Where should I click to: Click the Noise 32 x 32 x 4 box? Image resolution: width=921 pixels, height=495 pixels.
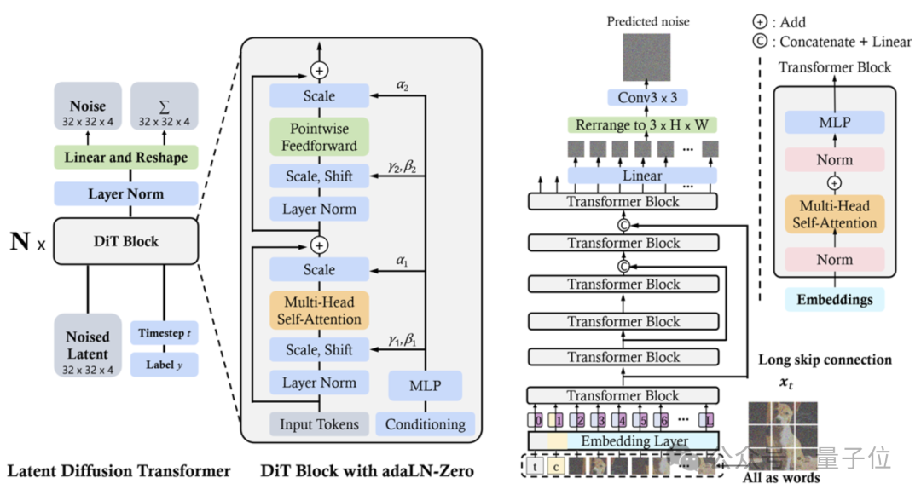click(x=89, y=112)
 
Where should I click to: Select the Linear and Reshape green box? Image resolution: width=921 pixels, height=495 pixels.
click(x=126, y=158)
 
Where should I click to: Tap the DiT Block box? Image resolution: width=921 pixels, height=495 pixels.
click(x=126, y=241)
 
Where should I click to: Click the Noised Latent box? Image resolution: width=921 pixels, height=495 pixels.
click(x=88, y=344)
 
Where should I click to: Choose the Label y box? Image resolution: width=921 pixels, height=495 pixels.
click(x=164, y=365)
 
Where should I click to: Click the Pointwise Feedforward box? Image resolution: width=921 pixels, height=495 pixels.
click(x=319, y=136)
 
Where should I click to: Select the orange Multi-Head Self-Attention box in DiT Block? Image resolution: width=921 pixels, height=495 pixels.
click(x=319, y=310)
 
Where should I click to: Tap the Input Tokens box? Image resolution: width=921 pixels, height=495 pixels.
click(x=319, y=423)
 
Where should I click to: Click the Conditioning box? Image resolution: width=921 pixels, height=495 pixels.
click(x=426, y=423)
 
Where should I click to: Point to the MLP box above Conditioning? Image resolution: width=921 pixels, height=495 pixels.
click(x=426, y=386)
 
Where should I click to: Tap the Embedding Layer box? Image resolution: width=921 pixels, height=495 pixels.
click(x=623, y=440)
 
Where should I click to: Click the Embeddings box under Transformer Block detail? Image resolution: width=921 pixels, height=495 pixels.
click(x=835, y=299)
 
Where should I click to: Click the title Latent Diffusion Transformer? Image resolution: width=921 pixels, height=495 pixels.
click(x=119, y=470)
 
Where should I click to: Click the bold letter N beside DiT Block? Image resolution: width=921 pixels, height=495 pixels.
click(x=19, y=242)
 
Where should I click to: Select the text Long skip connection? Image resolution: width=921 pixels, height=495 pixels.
click(x=825, y=360)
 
